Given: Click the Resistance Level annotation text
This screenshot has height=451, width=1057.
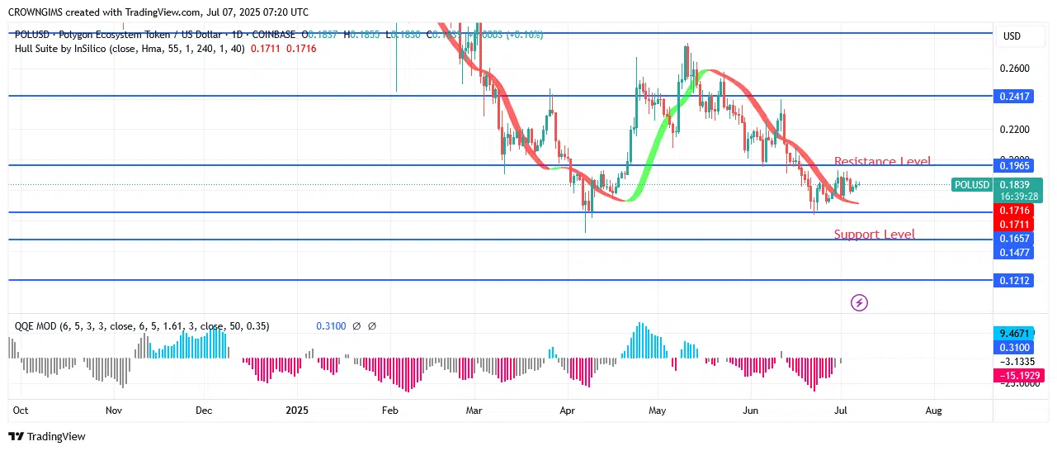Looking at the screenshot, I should click(882, 162).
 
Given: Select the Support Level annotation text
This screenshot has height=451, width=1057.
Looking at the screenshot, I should click(874, 235).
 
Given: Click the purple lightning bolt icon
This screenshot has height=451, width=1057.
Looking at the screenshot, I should click(859, 303).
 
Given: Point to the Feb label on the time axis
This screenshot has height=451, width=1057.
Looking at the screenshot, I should click(390, 410).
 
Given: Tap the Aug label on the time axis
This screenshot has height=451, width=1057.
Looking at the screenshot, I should click(933, 410).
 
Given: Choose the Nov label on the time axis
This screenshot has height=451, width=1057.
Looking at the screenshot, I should click(114, 410).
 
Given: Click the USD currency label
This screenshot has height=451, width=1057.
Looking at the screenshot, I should click(1012, 36).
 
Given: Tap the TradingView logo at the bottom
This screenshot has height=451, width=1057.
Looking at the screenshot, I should click(47, 436).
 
